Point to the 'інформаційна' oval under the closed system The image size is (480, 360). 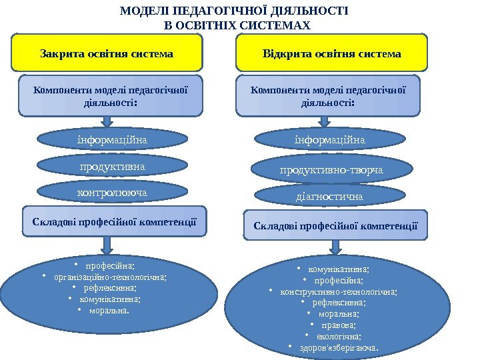click(111, 139)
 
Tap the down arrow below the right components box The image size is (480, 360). click(325, 121)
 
